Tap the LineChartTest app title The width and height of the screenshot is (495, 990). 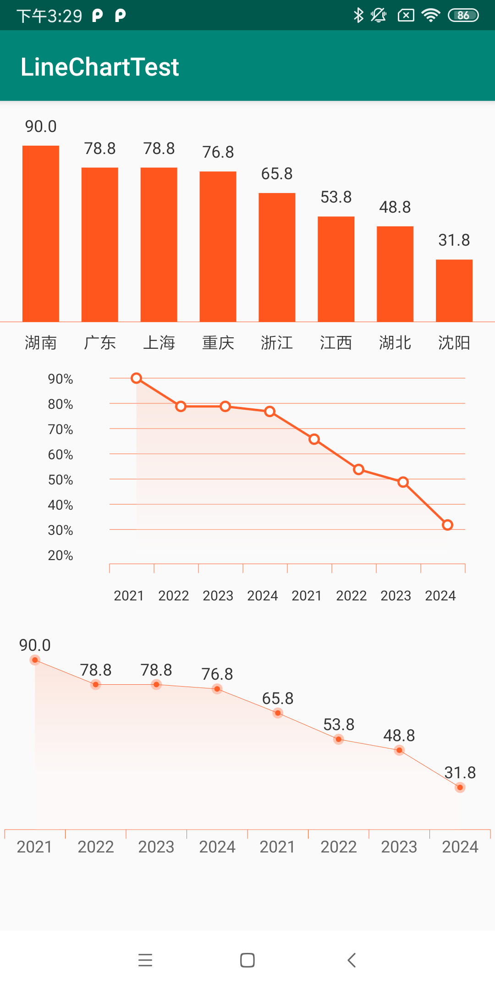point(99,67)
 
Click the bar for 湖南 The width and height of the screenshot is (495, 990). point(41,234)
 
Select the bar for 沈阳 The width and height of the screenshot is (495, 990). point(454,291)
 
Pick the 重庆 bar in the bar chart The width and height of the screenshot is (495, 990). point(218,247)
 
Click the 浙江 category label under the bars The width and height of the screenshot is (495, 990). point(277,343)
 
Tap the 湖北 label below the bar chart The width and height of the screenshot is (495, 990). point(395,343)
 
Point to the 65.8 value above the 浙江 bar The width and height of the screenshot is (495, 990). point(277,174)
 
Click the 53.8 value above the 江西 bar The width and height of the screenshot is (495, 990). point(336,198)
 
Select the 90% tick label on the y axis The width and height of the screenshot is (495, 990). point(60,379)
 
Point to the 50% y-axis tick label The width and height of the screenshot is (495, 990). point(60,480)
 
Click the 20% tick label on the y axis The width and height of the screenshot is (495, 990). point(60,555)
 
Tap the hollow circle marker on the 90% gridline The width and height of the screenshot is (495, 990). point(136,378)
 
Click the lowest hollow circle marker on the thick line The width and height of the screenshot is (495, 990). point(447,525)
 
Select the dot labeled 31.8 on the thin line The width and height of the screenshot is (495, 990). point(460,787)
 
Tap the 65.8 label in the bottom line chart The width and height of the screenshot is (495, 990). point(277,698)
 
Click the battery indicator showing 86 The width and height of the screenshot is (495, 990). point(463,16)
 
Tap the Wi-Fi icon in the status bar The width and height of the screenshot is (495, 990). point(431,16)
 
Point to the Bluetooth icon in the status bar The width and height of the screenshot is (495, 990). point(358,16)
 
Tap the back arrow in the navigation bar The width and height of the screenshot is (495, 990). point(352,960)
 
